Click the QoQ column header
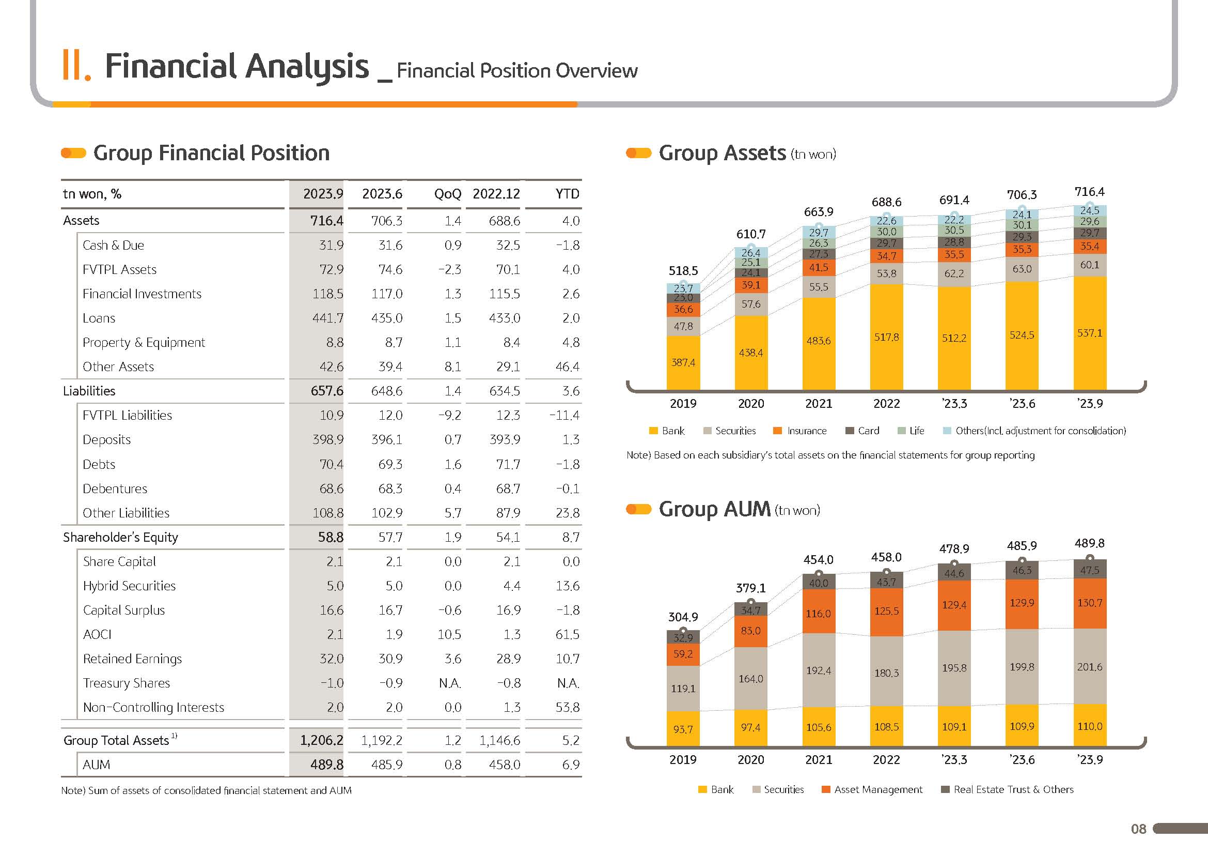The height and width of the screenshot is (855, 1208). pos(447,194)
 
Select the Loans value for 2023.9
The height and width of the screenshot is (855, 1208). pos(328,318)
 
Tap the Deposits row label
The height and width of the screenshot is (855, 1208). pos(107,440)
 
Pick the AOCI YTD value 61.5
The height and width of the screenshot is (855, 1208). pos(567,635)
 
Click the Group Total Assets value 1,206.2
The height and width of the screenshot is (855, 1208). pos(321,741)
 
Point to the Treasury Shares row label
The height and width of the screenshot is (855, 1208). pos(126,683)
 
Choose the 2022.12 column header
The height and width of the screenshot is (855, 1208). pos(496,194)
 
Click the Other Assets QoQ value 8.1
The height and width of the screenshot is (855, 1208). pos(452,367)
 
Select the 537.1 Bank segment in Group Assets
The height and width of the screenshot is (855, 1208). pos(1089,333)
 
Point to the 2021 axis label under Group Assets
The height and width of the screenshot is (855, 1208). pos(818,404)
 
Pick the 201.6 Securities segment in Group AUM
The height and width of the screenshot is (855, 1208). pos(1089,667)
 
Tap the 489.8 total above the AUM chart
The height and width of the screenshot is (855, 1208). pos(1089,543)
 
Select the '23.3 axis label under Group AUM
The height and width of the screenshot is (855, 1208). pos(954,760)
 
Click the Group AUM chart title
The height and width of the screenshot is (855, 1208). pos(714,510)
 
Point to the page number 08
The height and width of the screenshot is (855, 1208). pos(1138,829)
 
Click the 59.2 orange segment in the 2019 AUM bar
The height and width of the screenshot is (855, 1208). pos(683,654)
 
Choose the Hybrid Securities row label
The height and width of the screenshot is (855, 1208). pos(130,586)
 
